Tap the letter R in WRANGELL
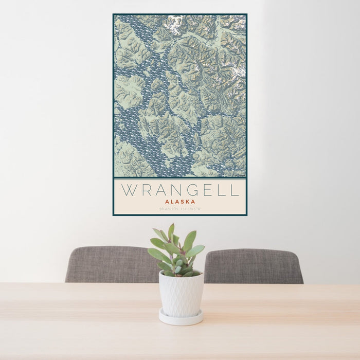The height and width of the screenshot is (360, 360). [x=147, y=190]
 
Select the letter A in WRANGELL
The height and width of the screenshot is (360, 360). [x=163, y=190]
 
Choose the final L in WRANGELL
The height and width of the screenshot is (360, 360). [x=236, y=190]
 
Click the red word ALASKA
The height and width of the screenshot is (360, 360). [x=179, y=202]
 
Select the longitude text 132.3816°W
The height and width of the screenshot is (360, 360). [x=191, y=209]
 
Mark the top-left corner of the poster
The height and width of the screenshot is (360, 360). [x=113, y=14]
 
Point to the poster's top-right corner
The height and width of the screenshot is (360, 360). [x=247, y=14]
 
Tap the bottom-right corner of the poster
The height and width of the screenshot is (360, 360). [x=247, y=215]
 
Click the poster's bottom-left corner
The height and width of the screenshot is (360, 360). [x=113, y=215]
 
